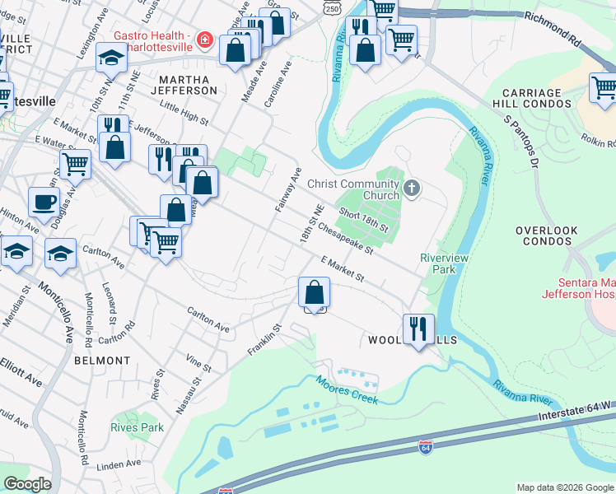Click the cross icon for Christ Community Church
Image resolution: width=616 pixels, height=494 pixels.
click(413, 190)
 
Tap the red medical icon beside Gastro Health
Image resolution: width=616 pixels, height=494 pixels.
click(203, 40)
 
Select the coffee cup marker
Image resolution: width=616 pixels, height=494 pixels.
click(44, 201)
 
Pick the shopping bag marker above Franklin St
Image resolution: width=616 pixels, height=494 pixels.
click(314, 291)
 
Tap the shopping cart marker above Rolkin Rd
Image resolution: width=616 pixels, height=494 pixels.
click(604, 86)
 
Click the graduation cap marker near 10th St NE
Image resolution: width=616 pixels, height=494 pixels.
click(111, 57)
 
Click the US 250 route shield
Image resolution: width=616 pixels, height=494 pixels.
click(330, 7)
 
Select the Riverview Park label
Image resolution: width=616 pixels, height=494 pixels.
click(445, 263)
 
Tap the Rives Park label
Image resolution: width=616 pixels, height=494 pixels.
click(138, 427)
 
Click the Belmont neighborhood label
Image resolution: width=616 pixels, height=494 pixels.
click(102, 361)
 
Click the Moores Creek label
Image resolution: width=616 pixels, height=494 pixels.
click(346, 388)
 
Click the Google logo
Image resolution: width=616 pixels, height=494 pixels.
click(26, 484)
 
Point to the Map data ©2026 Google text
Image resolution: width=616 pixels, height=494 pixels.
click(564, 487)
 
